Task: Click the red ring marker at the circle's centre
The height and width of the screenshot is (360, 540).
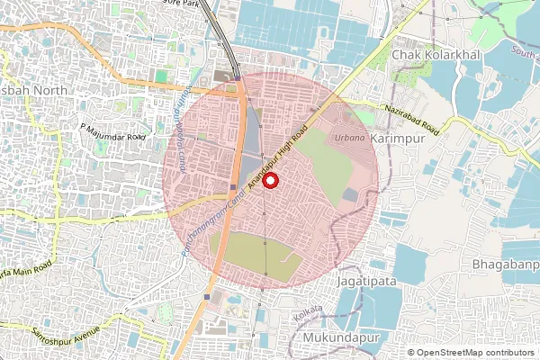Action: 271,180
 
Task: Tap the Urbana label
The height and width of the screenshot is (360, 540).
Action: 350,138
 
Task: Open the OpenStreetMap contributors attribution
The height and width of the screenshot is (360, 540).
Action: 476,353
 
